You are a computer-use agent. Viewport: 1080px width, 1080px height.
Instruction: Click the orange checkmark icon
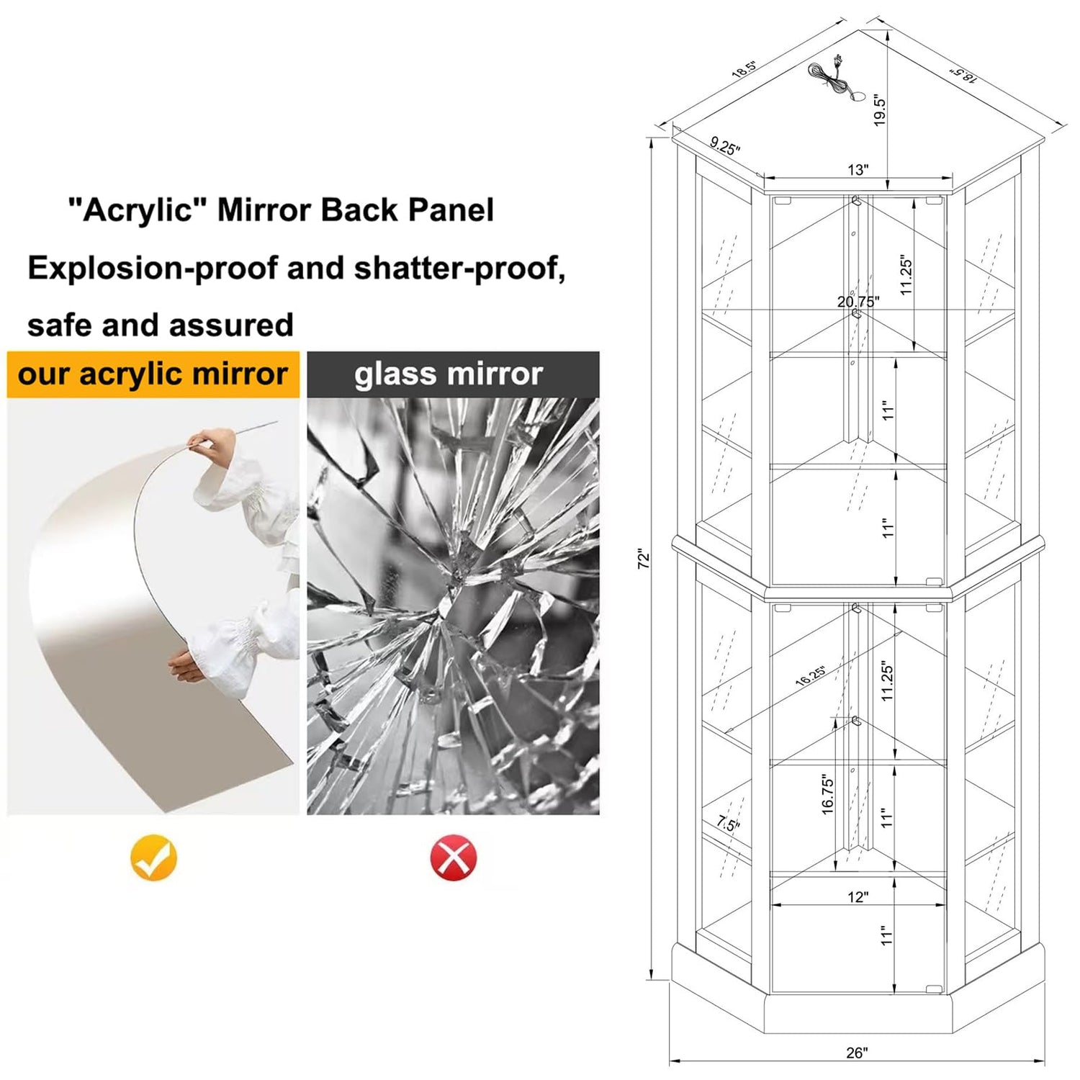153,858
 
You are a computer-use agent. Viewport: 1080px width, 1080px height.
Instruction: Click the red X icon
454,858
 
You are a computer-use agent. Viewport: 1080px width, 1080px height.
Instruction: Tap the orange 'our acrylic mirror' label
153,374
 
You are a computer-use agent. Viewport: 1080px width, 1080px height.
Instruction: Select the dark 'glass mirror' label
453,374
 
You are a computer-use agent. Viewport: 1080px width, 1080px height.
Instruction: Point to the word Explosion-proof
153,269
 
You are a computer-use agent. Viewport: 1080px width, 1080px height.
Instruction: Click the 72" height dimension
644,559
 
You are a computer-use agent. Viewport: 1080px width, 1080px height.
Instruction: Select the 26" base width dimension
857,1053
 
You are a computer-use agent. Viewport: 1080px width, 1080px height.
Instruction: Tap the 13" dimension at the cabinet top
858,170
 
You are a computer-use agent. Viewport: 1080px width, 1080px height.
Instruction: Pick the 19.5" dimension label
879,111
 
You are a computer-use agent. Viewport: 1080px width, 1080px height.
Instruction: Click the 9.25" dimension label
724,145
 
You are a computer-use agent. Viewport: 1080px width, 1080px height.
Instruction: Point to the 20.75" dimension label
858,302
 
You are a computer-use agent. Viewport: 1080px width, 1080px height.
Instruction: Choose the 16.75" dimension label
827,795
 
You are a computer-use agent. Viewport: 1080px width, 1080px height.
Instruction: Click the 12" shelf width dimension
858,897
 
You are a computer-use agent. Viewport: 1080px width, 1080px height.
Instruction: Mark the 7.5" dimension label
728,823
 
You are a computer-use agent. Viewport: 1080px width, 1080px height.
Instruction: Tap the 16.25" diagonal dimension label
811,675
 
